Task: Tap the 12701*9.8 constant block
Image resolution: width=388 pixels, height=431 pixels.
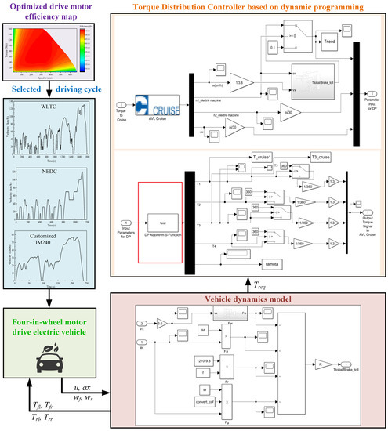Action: (178, 360)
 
